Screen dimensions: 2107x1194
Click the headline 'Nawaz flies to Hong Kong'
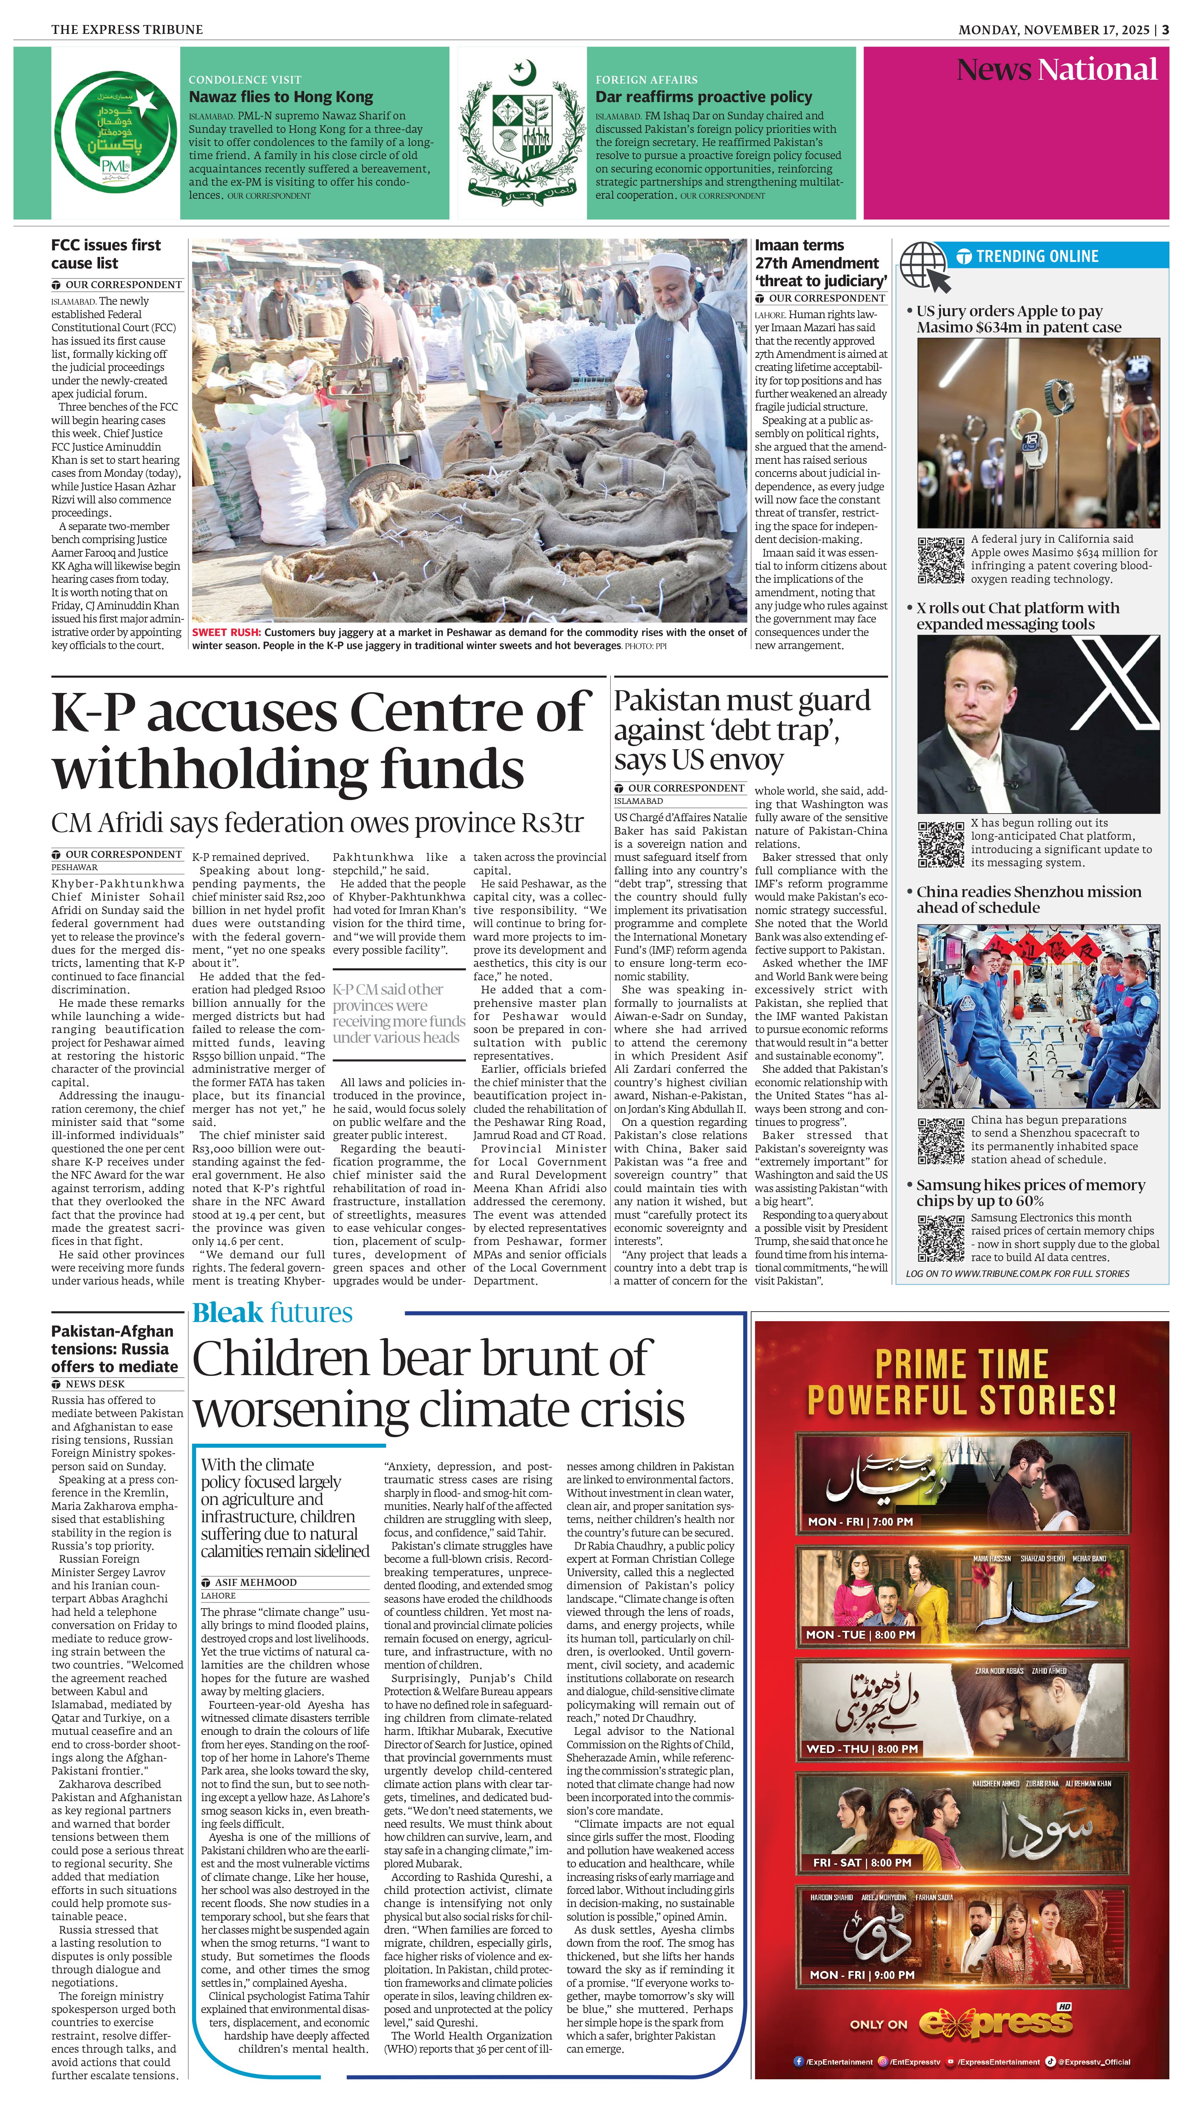click(280, 97)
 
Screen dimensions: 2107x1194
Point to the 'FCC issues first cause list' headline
click(107, 254)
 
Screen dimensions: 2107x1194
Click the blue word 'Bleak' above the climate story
click(228, 1313)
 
